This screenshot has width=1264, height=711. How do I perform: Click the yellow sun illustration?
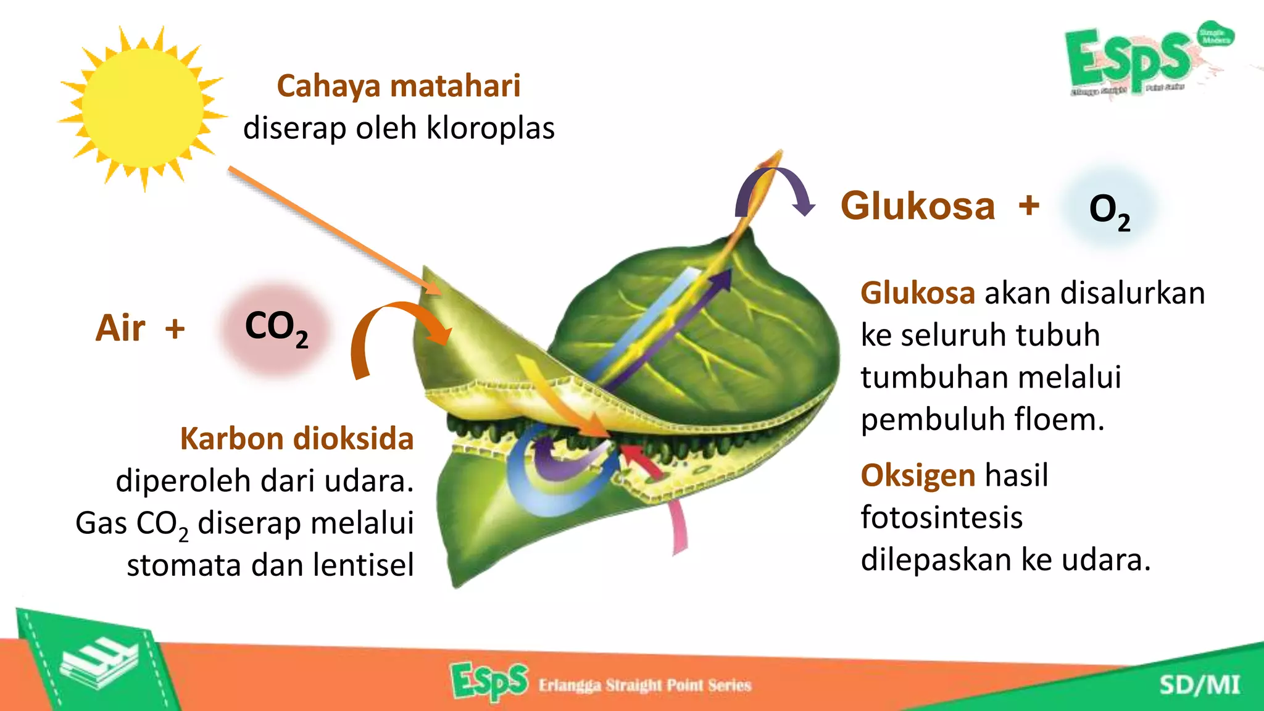pos(142,108)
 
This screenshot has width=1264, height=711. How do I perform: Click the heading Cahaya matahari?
pos(398,85)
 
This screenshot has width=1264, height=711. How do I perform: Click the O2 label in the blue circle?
pos(1109,210)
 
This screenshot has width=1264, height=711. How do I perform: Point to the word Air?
pos(120,328)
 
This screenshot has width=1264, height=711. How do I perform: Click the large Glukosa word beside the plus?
pos(918,206)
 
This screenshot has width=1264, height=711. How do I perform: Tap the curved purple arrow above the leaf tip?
pos(778,188)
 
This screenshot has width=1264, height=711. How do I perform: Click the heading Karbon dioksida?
pos(296,439)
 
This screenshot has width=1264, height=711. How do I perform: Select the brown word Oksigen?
pos(918,475)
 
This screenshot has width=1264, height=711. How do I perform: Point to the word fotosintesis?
pos(941,517)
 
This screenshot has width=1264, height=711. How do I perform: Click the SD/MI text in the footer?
pos(1199,684)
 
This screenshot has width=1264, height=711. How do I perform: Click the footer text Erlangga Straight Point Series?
pos(644,685)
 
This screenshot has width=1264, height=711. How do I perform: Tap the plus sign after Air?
pos(175,328)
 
